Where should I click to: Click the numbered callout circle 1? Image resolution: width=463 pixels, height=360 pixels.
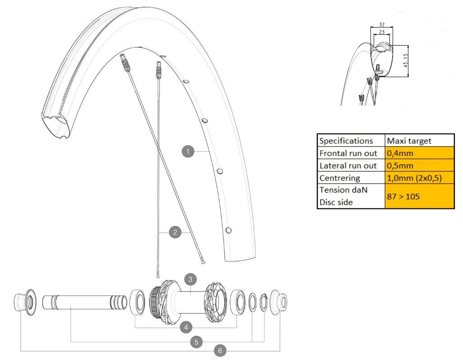tap(188, 152)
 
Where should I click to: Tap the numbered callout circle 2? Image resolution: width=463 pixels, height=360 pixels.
tap(175, 233)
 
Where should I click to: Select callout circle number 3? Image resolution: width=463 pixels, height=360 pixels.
tap(190, 280)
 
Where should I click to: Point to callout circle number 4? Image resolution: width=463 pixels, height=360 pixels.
tap(185, 327)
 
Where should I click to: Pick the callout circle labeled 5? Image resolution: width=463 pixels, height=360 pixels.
tap(196, 342)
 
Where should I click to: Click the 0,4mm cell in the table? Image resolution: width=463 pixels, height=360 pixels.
tap(419, 153)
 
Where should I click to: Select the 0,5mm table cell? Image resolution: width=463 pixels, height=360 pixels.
tap(419, 166)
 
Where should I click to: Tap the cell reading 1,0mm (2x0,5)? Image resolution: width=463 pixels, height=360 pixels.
tap(419, 178)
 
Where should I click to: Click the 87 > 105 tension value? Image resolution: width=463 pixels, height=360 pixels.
tap(419, 196)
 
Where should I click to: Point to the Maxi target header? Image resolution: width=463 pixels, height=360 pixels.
tap(419, 141)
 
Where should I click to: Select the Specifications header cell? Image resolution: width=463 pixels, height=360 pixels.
tap(351, 141)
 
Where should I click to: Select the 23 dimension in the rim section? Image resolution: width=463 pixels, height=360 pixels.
tap(381, 32)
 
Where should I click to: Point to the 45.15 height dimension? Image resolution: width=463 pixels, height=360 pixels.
tap(406, 60)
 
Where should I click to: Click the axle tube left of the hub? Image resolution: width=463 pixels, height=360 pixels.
tap(83, 302)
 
